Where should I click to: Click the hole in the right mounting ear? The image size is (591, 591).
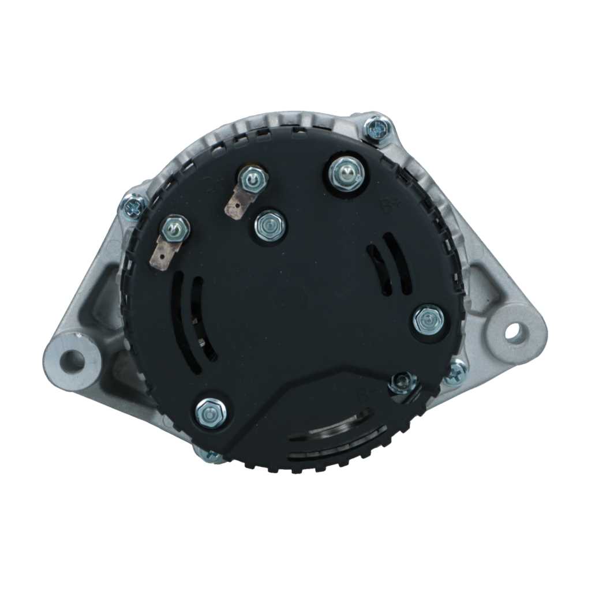512,331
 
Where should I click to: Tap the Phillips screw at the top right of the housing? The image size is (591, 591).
378,128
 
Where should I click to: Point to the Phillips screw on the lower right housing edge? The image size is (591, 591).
457,370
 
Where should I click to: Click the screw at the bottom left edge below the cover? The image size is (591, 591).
212,455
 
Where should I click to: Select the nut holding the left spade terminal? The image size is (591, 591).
175,229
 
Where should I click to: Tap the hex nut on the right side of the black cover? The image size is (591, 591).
428,319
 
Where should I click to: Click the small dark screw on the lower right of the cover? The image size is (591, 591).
402,382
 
